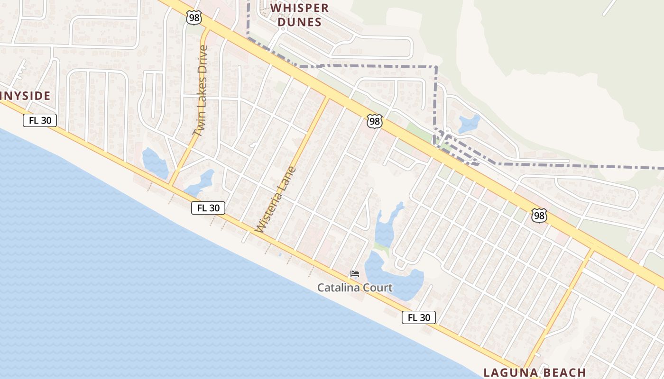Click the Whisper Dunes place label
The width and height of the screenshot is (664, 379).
pyautogui.click(x=299, y=15)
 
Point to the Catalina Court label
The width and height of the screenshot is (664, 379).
pyautogui.click(x=355, y=288)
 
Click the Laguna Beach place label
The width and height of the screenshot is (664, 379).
pyautogui.click(x=535, y=372)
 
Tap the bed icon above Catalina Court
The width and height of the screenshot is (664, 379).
pyautogui.click(x=354, y=274)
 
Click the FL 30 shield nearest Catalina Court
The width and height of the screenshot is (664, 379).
pyautogui.click(x=418, y=317)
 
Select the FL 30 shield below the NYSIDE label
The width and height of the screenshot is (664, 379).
pyautogui.click(x=40, y=120)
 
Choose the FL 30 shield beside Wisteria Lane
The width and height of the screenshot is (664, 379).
pyautogui.click(x=208, y=208)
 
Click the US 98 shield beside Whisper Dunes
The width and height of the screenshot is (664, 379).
pyautogui.click(x=194, y=18)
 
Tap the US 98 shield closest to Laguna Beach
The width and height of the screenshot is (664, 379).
pyautogui.click(x=539, y=216)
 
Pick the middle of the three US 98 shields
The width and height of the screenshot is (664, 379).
pyautogui.click(x=374, y=121)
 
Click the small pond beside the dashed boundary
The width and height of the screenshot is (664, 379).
pyautogui.click(x=469, y=124)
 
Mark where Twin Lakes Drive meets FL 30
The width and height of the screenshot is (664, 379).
pyautogui.click(x=171, y=186)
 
